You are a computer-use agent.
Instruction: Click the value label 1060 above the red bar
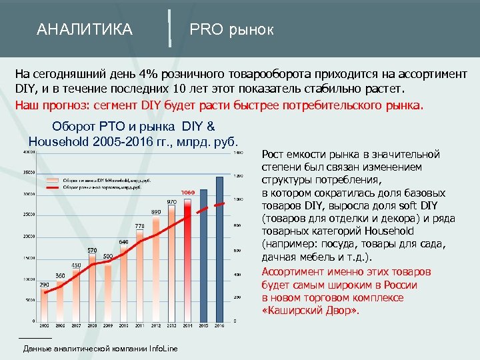pyautogui.click(x=187, y=193)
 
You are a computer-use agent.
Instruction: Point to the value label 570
pyautogui.click(x=92, y=250)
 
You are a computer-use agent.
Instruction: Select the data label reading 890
pyautogui.click(x=156, y=211)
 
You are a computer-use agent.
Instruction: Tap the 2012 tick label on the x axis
pyautogui.click(x=156, y=325)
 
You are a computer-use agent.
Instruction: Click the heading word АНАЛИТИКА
pyautogui.click(x=85, y=30)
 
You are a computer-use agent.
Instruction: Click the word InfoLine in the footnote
pyautogui.click(x=163, y=349)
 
